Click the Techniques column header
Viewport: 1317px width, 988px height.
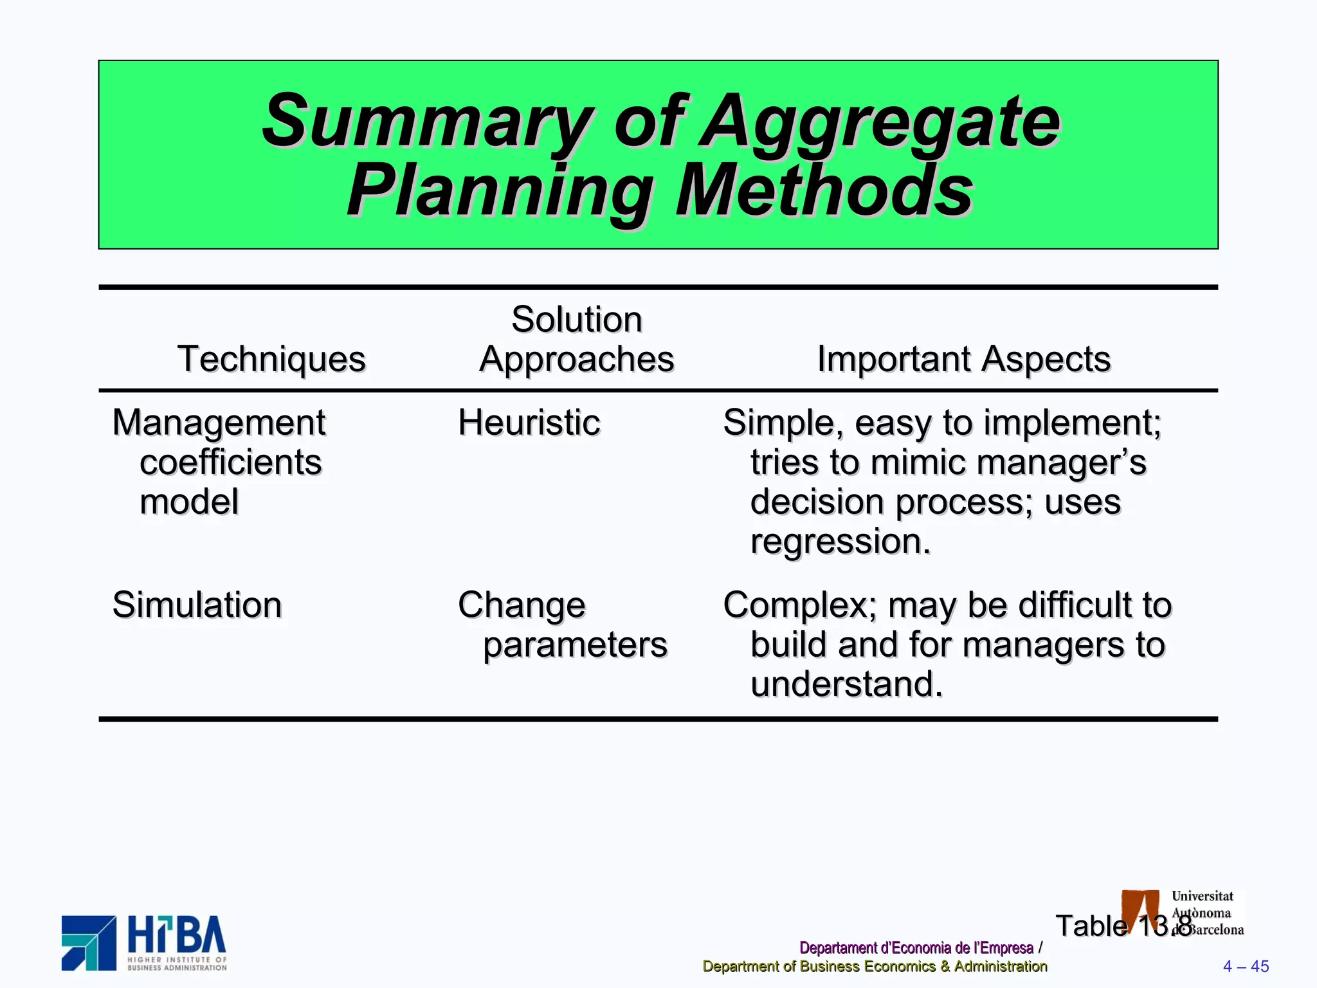(x=271, y=359)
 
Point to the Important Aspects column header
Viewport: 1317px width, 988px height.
(x=963, y=359)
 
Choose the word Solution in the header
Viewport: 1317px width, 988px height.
(x=577, y=320)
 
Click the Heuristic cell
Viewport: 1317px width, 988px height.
(x=529, y=423)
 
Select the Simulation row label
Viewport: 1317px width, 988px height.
(x=197, y=605)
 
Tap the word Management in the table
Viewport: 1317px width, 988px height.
(x=219, y=423)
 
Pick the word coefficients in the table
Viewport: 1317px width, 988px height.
(x=230, y=462)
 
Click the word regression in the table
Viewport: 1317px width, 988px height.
(x=840, y=542)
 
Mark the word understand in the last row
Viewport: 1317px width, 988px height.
(x=846, y=684)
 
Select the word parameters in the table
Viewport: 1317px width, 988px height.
(x=575, y=645)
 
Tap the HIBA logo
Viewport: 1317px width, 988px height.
(x=145, y=943)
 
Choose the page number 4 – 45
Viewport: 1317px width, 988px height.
(x=1246, y=967)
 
